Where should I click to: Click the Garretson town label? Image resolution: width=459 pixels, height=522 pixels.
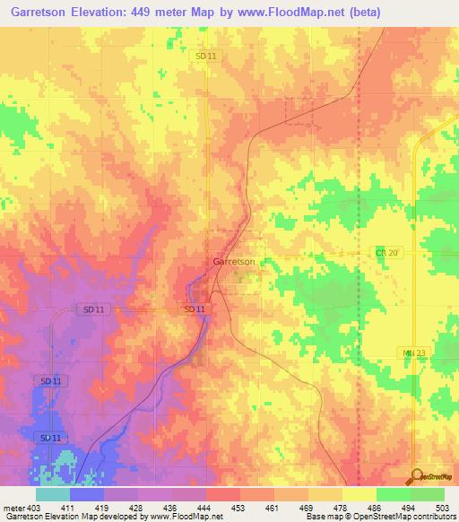tap(234, 262)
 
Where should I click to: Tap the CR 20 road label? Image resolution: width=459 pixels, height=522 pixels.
tap(385, 254)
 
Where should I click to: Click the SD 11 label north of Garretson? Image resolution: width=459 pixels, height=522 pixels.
tap(205, 56)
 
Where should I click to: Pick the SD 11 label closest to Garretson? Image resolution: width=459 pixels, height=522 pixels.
tap(195, 309)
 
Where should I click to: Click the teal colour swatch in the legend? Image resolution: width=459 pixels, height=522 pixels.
tap(52, 494)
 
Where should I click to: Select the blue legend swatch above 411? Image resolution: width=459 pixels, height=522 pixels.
tap(86, 494)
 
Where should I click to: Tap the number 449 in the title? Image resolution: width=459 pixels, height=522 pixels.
tap(155, 12)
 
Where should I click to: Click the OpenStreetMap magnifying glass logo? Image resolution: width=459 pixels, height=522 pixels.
tap(418, 474)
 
